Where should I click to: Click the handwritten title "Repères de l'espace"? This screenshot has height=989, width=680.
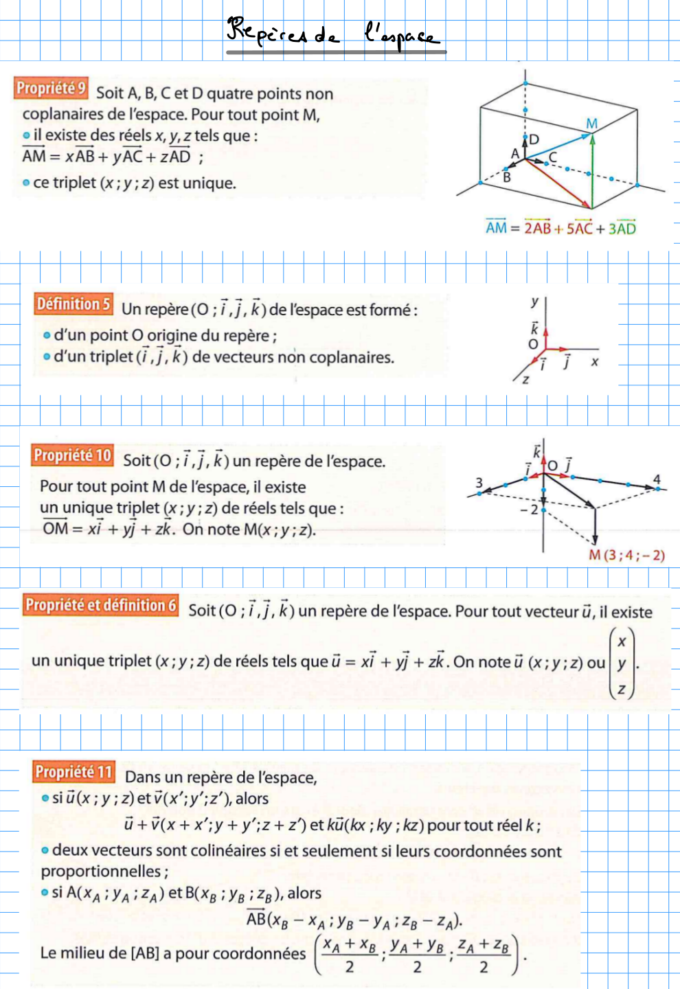(x=333, y=33)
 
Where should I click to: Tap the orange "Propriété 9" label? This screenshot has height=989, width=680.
(x=51, y=88)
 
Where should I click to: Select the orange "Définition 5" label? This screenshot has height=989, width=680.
(x=73, y=304)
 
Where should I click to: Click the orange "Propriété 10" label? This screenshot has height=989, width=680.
(x=72, y=455)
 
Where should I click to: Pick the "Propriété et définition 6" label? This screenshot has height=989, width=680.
(x=101, y=605)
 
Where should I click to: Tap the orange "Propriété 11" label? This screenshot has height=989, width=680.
(x=73, y=772)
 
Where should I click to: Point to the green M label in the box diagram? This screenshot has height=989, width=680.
(x=591, y=124)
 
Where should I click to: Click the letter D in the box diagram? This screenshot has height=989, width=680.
(x=534, y=139)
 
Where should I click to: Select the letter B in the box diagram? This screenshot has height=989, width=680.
(x=507, y=177)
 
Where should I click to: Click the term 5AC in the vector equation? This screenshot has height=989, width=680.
(x=579, y=228)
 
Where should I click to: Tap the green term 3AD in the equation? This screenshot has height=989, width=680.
(x=622, y=228)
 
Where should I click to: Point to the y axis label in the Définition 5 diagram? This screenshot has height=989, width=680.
(x=535, y=302)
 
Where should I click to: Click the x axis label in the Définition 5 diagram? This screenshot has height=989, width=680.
(x=595, y=361)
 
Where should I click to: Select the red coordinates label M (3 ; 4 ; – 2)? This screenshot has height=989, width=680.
(x=626, y=555)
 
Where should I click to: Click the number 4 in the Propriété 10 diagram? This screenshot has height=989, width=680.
(x=657, y=479)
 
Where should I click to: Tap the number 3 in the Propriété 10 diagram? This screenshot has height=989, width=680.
(x=479, y=482)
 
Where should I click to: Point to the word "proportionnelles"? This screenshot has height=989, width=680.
(x=100, y=872)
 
